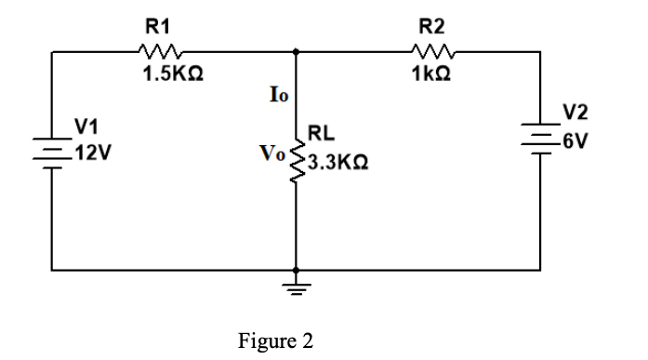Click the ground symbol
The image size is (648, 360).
tap(298, 282)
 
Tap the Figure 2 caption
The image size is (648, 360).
tap(276, 340)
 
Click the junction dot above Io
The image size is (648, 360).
tap(298, 52)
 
